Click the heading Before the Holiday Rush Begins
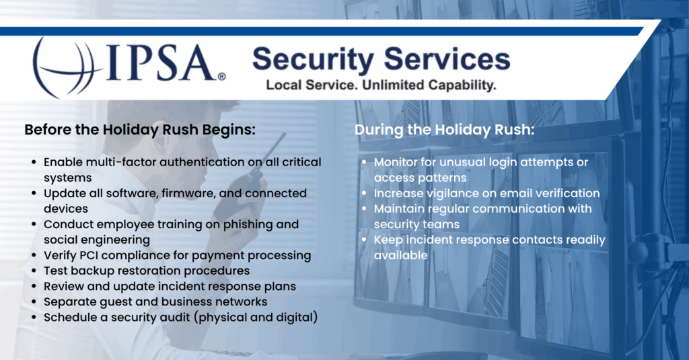coord(140,130)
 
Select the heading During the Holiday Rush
coord(444,130)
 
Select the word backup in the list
coord(93,271)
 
